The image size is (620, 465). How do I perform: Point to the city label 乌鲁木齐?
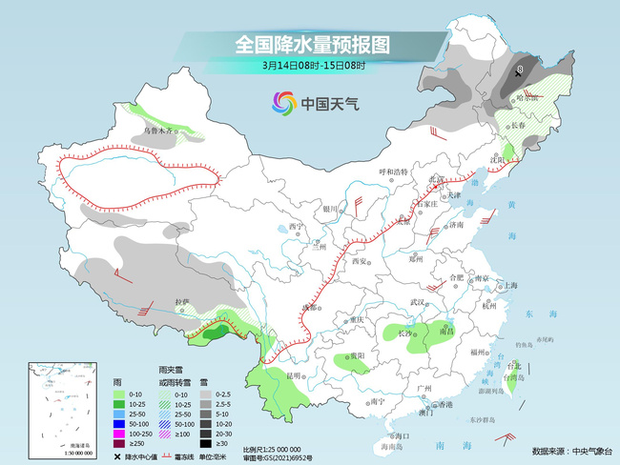pos(159,130)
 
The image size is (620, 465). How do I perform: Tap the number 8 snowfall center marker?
pos(521,70)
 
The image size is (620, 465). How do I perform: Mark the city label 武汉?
pos(416,301)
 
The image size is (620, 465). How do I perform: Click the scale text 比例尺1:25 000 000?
pos(272,448)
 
